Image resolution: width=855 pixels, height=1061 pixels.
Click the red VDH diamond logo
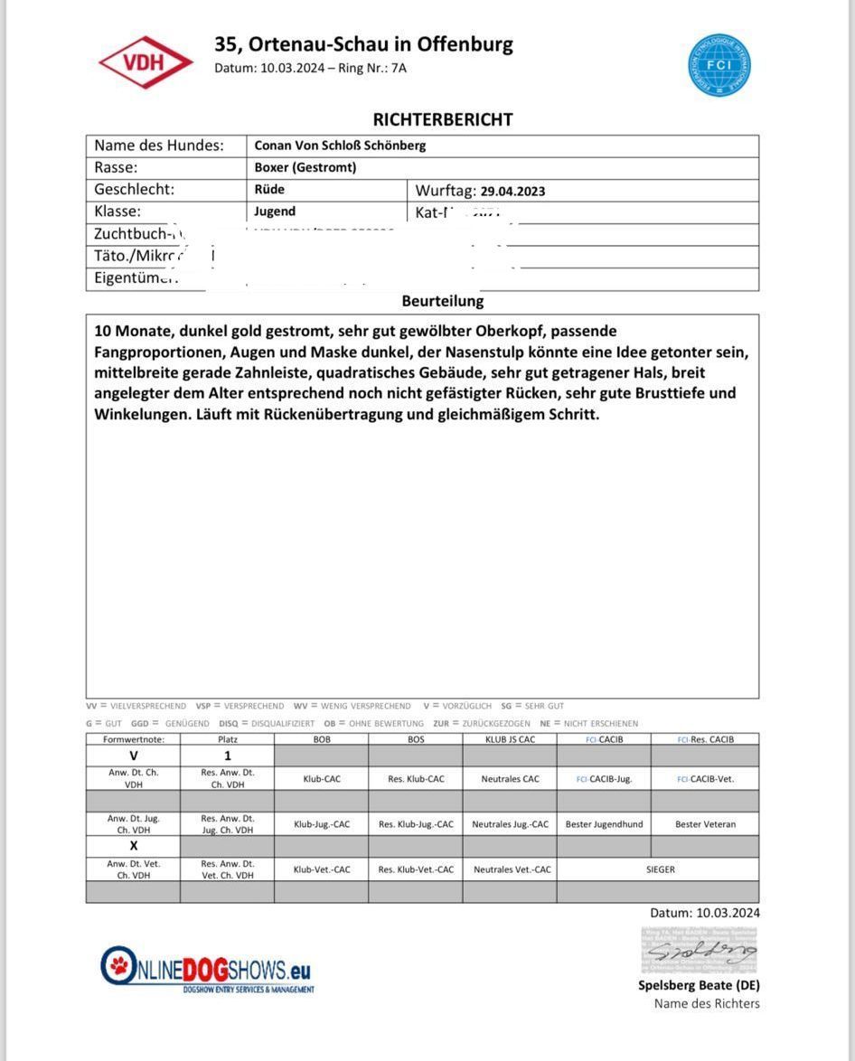146,62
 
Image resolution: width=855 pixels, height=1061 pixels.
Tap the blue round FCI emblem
719,66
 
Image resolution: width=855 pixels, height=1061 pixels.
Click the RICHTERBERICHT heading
443,119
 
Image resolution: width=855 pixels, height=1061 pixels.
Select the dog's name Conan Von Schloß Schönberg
340,146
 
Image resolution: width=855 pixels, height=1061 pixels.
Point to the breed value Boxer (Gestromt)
305,167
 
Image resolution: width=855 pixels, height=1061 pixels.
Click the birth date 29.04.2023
512,191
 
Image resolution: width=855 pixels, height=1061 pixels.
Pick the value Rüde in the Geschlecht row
269,190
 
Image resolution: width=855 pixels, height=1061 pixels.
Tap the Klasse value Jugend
275,211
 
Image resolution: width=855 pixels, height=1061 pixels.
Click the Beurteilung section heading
443,301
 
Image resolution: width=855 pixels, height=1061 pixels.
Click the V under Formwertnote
134,756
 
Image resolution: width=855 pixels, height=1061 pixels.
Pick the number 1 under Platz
228,756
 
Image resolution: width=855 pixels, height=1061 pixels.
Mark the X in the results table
134,846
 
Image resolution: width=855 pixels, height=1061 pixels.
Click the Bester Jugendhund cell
603,824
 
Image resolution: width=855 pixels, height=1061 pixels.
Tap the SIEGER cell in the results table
660,869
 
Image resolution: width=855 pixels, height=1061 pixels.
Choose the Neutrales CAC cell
511,778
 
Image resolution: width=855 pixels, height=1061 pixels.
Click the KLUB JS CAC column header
510,739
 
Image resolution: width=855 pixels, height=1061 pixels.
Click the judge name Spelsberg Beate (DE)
699,985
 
